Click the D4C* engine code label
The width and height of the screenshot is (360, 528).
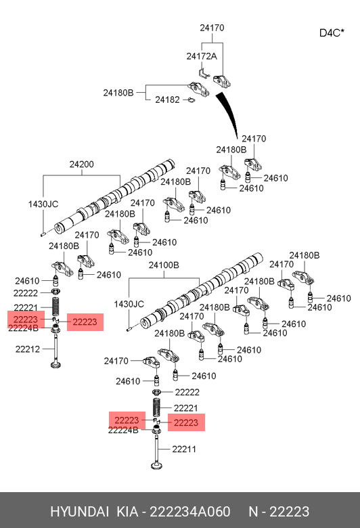[332, 32]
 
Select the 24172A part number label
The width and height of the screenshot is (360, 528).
[202, 56]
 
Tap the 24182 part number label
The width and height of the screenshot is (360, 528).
[167, 100]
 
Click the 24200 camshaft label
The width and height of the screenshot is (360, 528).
[81, 164]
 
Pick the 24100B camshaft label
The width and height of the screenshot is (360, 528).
[164, 265]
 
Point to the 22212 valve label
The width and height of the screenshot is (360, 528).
[28, 349]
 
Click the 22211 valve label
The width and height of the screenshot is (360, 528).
[184, 449]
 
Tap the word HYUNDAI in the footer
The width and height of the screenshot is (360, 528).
[79, 512]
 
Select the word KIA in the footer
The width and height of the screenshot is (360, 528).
[127, 512]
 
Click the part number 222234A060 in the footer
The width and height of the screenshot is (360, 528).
[190, 512]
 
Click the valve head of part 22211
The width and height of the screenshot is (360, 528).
[156, 466]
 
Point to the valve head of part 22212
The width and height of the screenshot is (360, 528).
[55, 365]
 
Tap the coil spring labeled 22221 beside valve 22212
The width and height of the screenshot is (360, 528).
[55, 307]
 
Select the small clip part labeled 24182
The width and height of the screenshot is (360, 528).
[191, 100]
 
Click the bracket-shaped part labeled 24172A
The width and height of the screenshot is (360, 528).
[204, 72]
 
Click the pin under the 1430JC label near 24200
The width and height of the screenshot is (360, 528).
[43, 234]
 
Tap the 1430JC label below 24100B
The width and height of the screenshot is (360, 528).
[129, 304]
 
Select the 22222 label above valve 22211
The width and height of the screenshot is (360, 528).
[187, 393]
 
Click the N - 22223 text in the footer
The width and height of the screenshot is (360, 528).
[279, 512]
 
